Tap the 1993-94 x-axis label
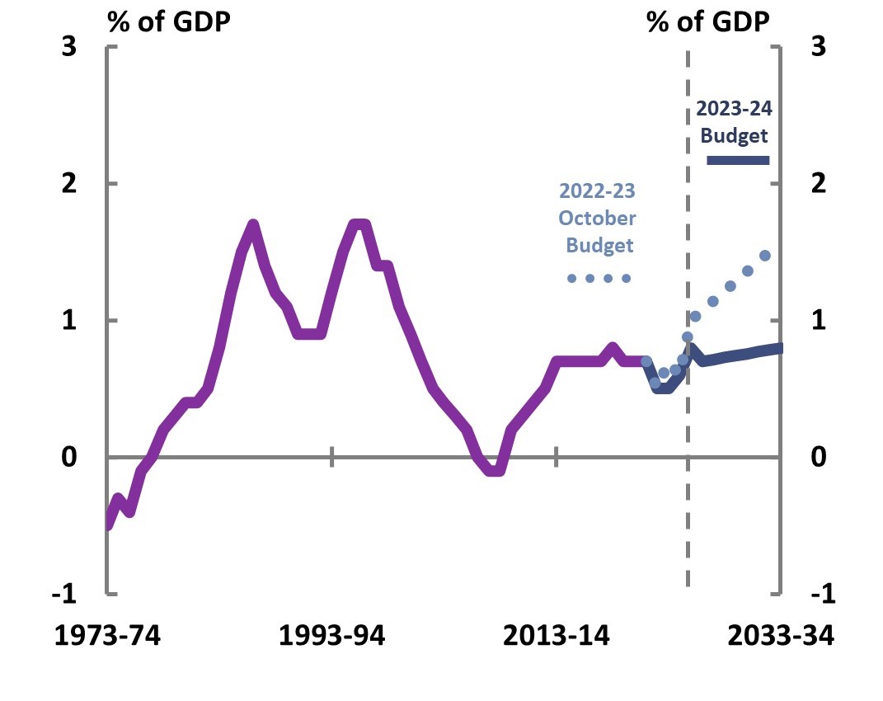click(332, 637)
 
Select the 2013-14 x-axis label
click(557, 637)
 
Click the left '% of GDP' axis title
click(167, 21)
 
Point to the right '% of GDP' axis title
click(708, 21)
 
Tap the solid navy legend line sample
click(738, 160)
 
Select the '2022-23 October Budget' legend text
click(597, 219)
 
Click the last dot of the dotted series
click(764, 256)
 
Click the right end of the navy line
click(779, 348)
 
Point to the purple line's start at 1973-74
click(109, 523)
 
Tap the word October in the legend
click(597, 219)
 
